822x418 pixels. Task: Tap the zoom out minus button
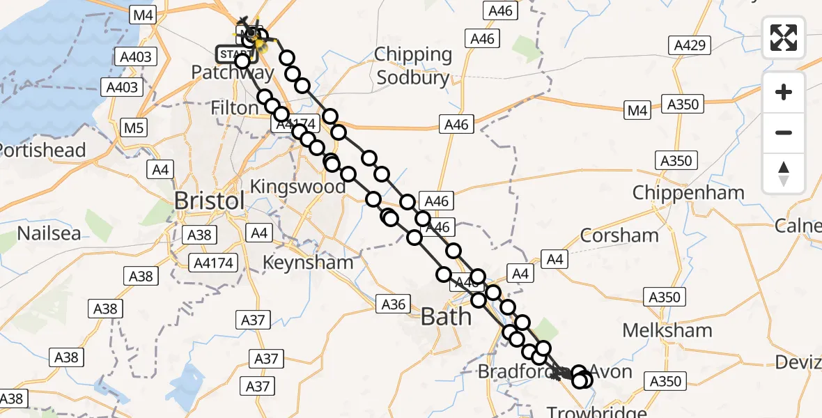[784, 132]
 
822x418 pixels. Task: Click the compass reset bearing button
[784, 173]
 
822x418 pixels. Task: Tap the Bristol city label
[209, 201]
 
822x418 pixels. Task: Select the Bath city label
[445, 317]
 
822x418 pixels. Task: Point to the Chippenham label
[689, 192]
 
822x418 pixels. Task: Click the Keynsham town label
[308, 263]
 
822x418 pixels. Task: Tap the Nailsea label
[49, 233]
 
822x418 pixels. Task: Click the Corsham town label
[619, 235]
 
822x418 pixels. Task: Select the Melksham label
[667, 330]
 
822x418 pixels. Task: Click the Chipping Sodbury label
[413, 65]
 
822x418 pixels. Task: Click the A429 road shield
[689, 46]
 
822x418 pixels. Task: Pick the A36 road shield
[394, 304]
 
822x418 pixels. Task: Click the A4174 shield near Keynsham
[214, 263]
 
